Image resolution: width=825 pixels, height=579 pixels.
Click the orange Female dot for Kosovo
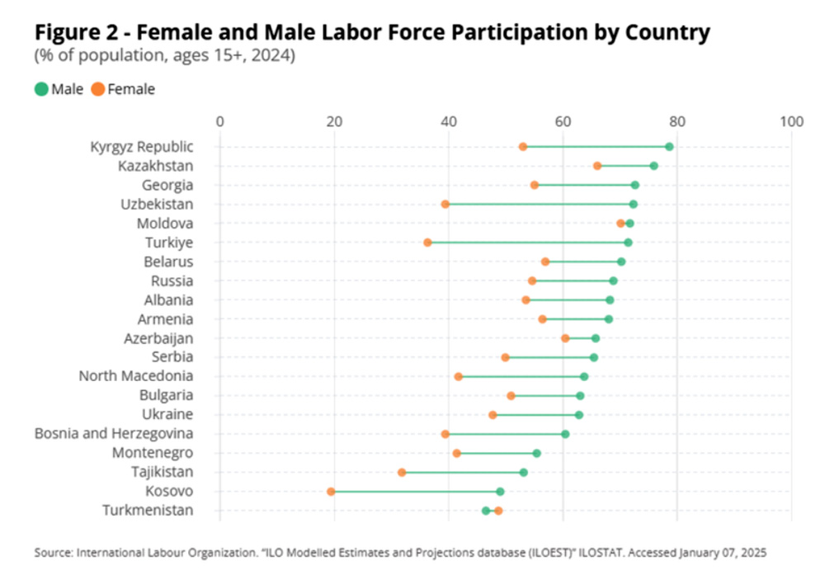pyautogui.click(x=331, y=492)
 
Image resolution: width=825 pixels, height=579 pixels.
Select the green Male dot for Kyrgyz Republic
pyautogui.click(x=669, y=147)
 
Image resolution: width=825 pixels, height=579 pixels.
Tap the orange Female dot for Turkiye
pyautogui.click(x=427, y=242)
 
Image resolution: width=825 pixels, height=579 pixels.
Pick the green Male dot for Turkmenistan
pyautogui.click(x=486, y=511)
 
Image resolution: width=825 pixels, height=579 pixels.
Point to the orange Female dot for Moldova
pyautogui.click(x=620, y=224)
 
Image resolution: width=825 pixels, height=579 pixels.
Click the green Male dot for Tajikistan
pyautogui.click(x=523, y=473)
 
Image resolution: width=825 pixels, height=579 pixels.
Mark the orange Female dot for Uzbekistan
pyautogui.click(x=445, y=205)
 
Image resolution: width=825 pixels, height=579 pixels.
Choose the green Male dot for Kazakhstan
pyautogui.click(x=653, y=166)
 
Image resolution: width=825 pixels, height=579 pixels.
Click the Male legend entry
pyautogui.click(x=59, y=89)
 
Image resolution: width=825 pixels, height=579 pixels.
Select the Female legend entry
pyautogui.click(x=123, y=89)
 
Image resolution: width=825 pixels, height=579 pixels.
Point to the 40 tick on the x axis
pyautogui.click(x=449, y=122)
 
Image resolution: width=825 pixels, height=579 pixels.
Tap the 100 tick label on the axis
pyautogui.click(x=791, y=122)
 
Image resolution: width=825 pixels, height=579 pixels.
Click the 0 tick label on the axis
pyautogui.click(x=219, y=122)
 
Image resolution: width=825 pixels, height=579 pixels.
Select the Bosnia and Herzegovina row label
pyautogui.click(x=114, y=434)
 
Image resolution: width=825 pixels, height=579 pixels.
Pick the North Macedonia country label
pyautogui.click(x=136, y=376)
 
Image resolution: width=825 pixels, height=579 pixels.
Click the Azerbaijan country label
pyautogui.click(x=158, y=338)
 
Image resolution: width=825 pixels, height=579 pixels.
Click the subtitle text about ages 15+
pyautogui.click(x=164, y=56)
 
